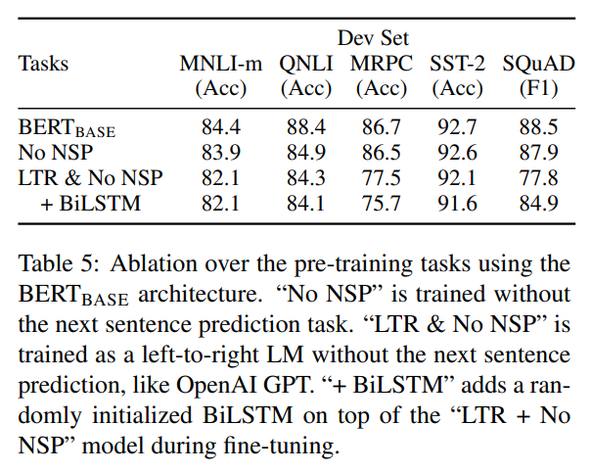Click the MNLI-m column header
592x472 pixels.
point(220,65)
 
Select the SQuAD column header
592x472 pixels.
point(537,65)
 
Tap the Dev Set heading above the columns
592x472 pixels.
point(375,39)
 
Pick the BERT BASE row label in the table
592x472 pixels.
point(67,127)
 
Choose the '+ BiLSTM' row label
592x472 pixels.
point(86,204)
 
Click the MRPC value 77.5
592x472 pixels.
point(382,178)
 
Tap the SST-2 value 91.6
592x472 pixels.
point(456,204)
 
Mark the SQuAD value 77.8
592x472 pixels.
point(537,178)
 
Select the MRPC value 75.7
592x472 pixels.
point(382,204)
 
